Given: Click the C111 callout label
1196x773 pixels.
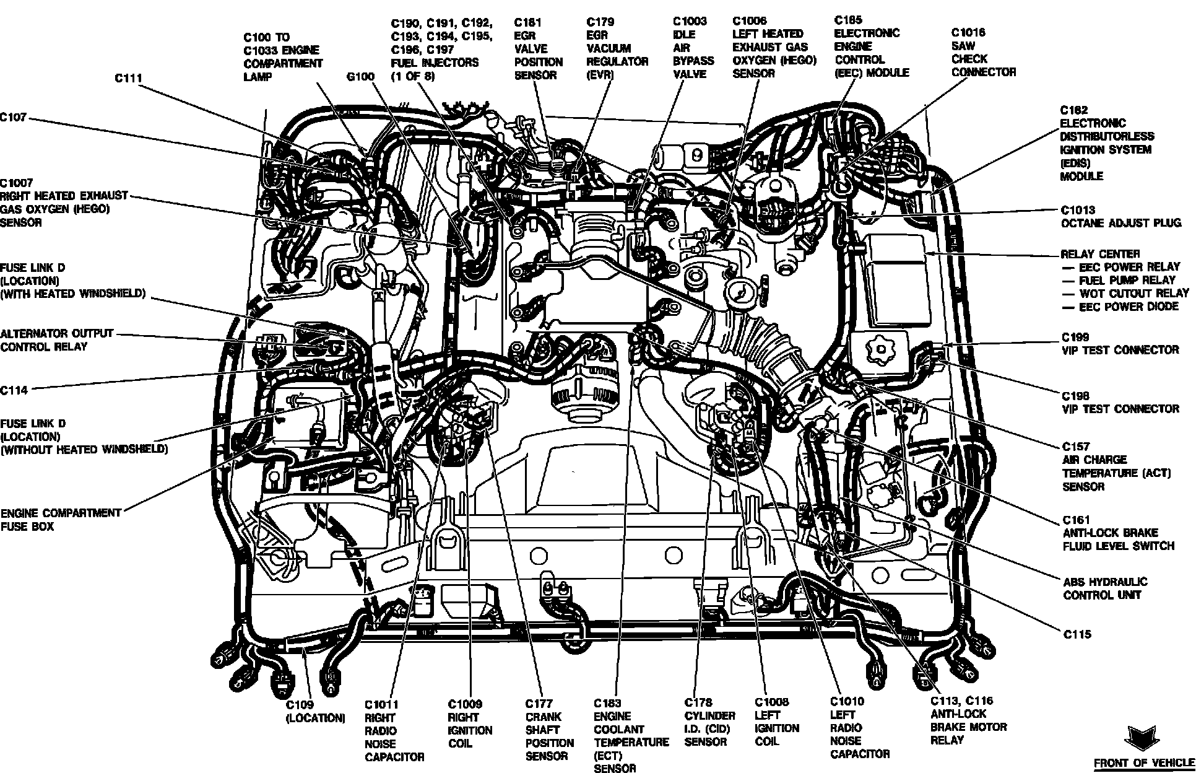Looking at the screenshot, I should [x=128, y=79].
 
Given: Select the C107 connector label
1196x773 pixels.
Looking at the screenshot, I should [x=13, y=116].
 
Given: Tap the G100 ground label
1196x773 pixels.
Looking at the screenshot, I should [x=360, y=77].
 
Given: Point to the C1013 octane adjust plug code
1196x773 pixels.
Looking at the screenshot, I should [x=1078, y=210].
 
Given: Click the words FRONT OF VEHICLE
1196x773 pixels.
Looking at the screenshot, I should [x=1143, y=763].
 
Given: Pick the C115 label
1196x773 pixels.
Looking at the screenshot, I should [x=1077, y=634].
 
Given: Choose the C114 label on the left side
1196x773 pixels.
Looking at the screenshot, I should [x=14, y=390].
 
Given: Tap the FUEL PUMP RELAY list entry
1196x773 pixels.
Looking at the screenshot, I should [x=1127, y=280].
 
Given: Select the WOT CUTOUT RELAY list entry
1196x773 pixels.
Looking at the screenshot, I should [x=1129, y=294].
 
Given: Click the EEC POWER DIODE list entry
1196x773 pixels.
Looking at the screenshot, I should [x=1129, y=307].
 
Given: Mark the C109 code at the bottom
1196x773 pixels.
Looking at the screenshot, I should [x=300, y=705].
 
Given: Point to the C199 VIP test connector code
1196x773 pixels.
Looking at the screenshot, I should [x=1075, y=337].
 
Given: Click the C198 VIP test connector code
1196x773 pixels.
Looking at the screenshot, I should [x=1075, y=396].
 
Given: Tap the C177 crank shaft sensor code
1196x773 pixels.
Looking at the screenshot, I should [x=539, y=704].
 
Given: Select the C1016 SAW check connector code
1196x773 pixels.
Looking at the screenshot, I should [x=969, y=32].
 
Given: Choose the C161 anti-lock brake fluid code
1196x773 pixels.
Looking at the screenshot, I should [x=1076, y=520].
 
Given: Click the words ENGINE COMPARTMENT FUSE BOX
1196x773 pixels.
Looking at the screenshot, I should [x=61, y=520].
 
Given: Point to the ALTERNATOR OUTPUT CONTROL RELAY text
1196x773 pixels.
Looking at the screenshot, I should [x=57, y=340].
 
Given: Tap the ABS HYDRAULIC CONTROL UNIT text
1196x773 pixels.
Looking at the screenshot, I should [x=1105, y=588].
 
